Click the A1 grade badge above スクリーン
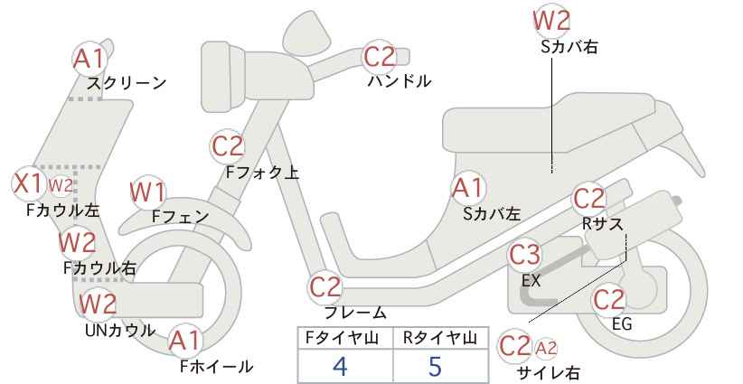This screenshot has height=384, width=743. click(x=89, y=59)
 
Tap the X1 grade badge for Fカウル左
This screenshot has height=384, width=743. click(x=27, y=183)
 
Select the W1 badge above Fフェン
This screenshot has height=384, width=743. click(x=147, y=192)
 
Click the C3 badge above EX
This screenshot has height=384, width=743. click(x=524, y=255)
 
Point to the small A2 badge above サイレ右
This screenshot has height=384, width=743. click(x=546, y=348)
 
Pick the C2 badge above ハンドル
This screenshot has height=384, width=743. click(x=379, y=57)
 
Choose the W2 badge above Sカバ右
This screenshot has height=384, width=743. click(x=551, y=20)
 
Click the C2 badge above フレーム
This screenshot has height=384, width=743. click(x=325, y=287)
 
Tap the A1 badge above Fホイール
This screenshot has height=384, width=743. click(x=185, y=340)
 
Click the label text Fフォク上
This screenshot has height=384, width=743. click(x=262, y=172)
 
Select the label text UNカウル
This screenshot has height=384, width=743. click(x=120, y=330)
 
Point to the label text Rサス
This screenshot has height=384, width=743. click(x=602, y=223)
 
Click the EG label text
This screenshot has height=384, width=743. click(x=622, y=323)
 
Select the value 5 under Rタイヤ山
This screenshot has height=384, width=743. click(x=435, y=365)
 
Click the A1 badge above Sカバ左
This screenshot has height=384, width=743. click(x=467, y=188)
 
